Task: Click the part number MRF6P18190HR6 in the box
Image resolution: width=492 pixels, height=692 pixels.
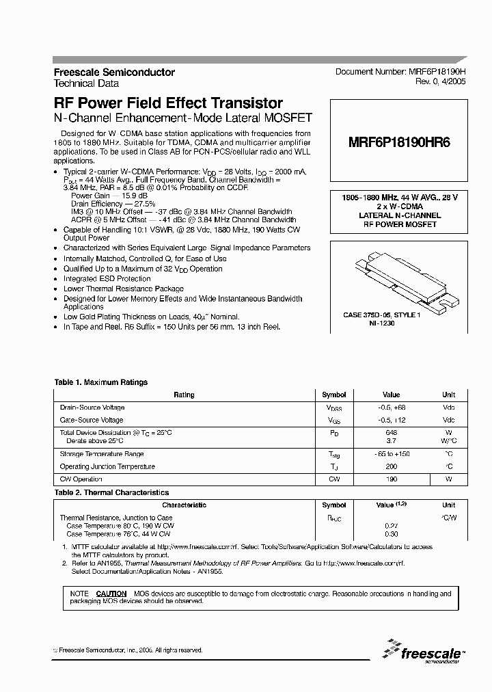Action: (399, 144)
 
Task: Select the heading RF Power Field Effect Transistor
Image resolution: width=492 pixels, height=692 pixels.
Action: (168, 103)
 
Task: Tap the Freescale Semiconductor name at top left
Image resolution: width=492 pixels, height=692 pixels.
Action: (114, 72)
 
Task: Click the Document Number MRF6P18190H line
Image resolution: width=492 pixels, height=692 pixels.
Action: (400, 72)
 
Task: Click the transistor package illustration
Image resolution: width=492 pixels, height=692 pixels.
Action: (400, 281)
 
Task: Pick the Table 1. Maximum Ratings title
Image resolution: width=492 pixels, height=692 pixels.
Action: (100, 382)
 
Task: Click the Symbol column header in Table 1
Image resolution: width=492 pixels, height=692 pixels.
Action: (334, 395)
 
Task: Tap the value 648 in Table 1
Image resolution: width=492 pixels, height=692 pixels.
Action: (391, 433)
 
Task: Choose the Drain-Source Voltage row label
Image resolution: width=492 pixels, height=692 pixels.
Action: (92, 408)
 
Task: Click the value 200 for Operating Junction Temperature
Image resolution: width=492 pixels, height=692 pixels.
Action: (391, 466)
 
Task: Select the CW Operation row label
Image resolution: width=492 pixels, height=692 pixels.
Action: (81, 479)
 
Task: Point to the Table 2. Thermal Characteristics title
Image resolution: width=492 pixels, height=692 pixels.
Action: (111, 492)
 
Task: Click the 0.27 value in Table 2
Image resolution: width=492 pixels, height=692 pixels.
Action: (391, 525)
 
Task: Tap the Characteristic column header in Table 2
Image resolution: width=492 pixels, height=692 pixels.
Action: (184, 505)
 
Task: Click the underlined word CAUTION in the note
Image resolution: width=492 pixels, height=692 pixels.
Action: (111, 594)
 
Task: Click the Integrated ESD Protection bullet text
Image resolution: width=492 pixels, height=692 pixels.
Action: (107, 279)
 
